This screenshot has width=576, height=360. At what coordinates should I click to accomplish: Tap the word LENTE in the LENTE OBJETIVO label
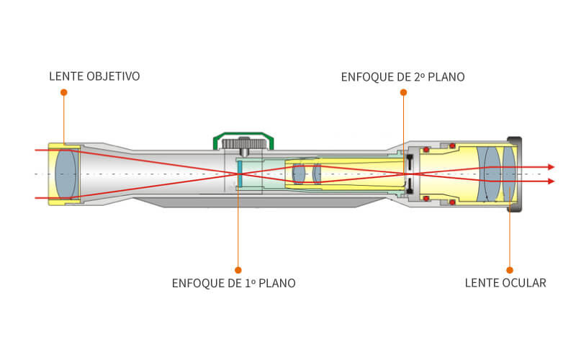tap(65, 76)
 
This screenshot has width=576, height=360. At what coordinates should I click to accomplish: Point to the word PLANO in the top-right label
tap(447, 76)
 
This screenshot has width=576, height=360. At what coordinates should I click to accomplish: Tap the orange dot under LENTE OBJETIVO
tap(63, 93)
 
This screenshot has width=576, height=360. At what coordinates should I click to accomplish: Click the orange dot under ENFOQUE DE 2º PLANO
tap(403, 93)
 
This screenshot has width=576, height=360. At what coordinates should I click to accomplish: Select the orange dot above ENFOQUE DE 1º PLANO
tap(238, 270)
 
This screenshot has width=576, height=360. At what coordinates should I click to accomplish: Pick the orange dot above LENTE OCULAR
tap(510, 270)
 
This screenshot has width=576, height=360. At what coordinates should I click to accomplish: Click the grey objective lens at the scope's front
tap(66, 174)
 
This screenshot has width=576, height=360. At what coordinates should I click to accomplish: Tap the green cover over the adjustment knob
tap(244, 135)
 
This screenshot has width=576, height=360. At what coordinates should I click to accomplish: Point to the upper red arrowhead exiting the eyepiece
tap(551, 167)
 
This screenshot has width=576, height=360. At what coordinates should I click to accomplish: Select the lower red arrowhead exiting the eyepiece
tap(551, 181)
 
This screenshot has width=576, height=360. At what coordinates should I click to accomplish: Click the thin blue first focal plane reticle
tap(239, 175)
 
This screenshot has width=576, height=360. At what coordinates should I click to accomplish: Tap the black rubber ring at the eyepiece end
tap(515, 174)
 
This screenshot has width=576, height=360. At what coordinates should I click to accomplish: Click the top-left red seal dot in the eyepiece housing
tap(426, 150)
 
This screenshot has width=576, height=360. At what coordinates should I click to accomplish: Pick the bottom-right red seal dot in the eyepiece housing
tap(452, 202)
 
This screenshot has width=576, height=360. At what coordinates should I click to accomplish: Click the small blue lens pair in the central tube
tap(307, 174)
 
